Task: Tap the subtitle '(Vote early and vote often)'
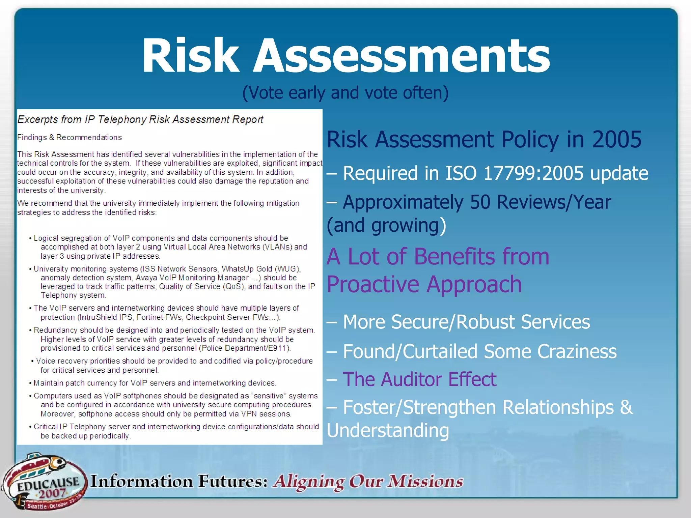tap(345, 93)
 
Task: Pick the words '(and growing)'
tap(387, 225)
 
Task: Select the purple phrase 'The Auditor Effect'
tap(420, 379)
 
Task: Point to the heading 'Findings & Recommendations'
tap(70, 138)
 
